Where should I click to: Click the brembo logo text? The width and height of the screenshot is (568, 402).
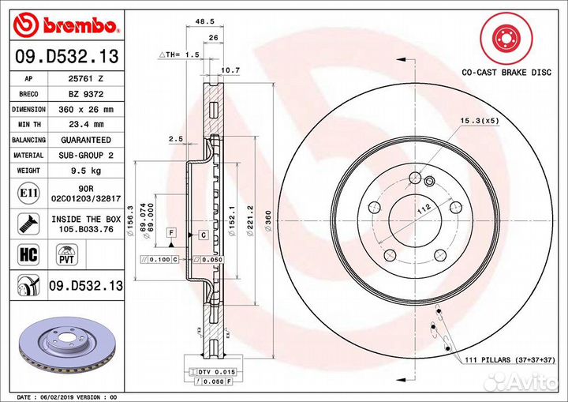[x=80, y=25]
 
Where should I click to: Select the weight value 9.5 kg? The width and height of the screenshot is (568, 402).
[x=86, y=171]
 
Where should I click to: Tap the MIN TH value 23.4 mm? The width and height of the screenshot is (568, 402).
[x=86, y=125]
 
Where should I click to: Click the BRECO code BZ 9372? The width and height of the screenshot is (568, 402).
[x=86, y=94]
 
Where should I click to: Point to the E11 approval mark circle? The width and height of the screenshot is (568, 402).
[x=28, y=193]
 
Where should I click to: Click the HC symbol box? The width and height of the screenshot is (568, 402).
[x=28, y=254]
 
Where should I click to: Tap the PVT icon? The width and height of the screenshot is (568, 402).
[x=66, y=254]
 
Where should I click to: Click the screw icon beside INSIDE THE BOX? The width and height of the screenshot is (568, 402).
[x=28, y=224]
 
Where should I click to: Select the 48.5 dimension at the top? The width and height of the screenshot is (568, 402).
[x=204, y=21]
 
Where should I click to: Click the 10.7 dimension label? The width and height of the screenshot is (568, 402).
[x=230, y=70]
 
